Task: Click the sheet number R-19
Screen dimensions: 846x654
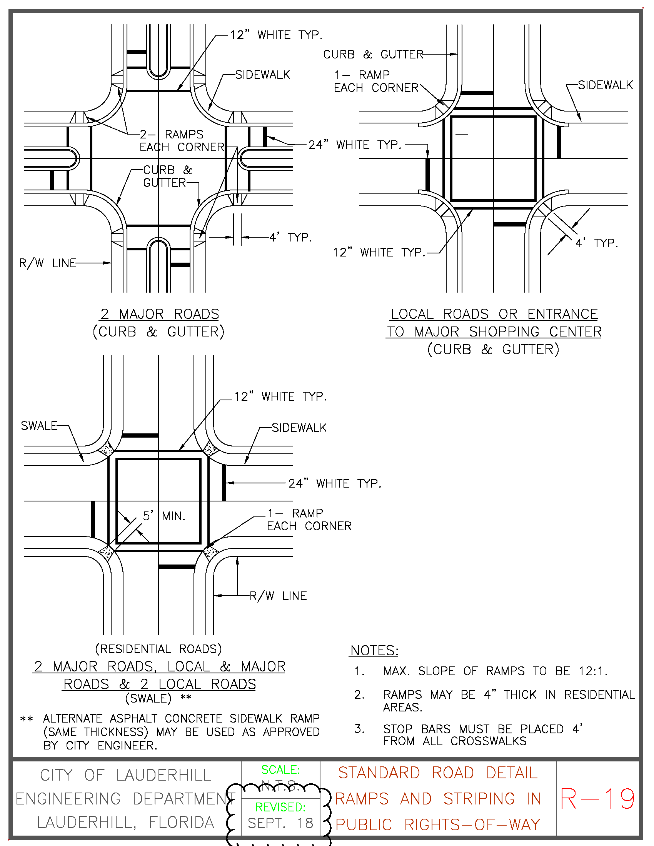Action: [597, 799]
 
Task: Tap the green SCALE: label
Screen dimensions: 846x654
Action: [280, 770]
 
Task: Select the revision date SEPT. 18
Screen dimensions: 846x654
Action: [280, 823]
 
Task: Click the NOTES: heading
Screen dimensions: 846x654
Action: [374, 651]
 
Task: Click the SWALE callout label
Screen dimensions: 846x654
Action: [39, 426]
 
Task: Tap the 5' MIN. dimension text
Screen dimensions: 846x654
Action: [164, 516]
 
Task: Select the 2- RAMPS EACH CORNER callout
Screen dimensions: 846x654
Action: [181, 141]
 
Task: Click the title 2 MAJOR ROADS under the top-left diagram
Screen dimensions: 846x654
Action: [160, 314]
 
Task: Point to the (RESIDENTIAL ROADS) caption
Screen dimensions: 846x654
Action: [158, 649]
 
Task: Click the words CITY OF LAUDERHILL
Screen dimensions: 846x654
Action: [125, 776]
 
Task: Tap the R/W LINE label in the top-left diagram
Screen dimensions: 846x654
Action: [48, 263]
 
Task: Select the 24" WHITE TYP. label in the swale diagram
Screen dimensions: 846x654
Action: [335, 483]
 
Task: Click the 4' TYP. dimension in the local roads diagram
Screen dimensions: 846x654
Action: [596, 243]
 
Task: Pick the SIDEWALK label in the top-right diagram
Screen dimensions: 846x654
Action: [605, 85]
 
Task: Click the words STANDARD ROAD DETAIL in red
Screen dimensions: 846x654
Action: [438, 773]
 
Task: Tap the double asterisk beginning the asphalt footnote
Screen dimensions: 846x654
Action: [26, 719]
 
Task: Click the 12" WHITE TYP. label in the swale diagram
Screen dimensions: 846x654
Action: [280, 397]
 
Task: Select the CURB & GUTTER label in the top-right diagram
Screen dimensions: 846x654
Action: [373, 55]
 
